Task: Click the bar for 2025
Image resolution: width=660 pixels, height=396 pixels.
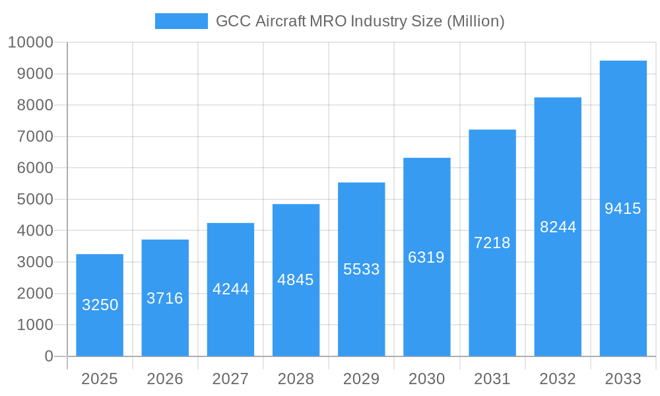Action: click(100, 305)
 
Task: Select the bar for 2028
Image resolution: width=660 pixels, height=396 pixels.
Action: click(296, 280)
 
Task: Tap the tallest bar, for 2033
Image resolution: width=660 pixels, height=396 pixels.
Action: click(623, 209)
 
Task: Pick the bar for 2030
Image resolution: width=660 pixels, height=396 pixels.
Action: click(426, 257)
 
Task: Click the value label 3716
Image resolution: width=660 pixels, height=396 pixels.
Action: click(165, 298)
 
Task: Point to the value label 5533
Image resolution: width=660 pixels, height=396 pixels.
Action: click(362, 269)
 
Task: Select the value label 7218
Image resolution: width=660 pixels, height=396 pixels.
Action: click(492, 243)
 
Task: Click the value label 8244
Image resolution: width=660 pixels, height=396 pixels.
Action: click(558, 227)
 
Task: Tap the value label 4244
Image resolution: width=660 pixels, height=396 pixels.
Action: click(230, 289)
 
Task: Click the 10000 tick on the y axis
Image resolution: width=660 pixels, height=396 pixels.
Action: click(30, 42)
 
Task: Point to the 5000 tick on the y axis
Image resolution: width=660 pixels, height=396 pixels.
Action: click(35, 199)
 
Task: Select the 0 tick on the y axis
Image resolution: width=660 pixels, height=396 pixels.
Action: click(48, 356)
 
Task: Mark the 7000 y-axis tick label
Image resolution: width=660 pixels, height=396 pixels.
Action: click(35, 137)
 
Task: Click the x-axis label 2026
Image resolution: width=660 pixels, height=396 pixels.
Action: click(165, 379)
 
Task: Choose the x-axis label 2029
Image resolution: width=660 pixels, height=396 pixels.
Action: click(362, 379)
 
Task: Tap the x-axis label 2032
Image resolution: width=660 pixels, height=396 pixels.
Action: click(558, 379)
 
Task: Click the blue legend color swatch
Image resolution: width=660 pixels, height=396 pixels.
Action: click(181, 21)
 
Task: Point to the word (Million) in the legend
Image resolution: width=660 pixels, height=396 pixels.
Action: click(476, 21)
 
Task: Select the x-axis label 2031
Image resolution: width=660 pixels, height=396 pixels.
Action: click(492, 379)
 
